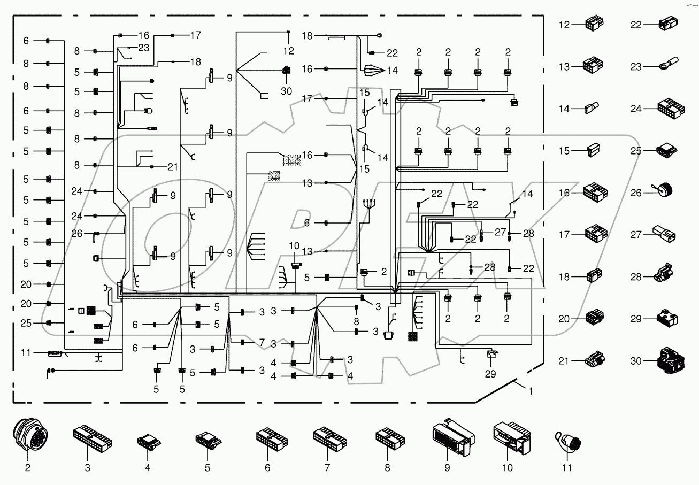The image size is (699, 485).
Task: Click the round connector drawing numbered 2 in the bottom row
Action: coord(28,436)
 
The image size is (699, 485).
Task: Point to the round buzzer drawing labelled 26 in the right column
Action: coord(663,191)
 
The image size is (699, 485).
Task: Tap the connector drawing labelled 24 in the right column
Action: coord(664,109)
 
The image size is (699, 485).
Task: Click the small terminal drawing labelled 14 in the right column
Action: coord(591,109)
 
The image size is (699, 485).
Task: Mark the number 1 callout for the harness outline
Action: coord(530,391)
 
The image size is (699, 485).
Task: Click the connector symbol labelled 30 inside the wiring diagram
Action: coord(287,70)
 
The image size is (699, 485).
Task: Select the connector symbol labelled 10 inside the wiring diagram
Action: coord(295,265)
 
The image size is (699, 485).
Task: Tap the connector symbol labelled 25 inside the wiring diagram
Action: coord(49,323)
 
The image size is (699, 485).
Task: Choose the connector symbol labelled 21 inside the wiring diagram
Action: coord(152,167)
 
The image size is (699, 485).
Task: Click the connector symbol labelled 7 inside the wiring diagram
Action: coord(243,342)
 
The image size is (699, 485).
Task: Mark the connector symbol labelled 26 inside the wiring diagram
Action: coord(96,233)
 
